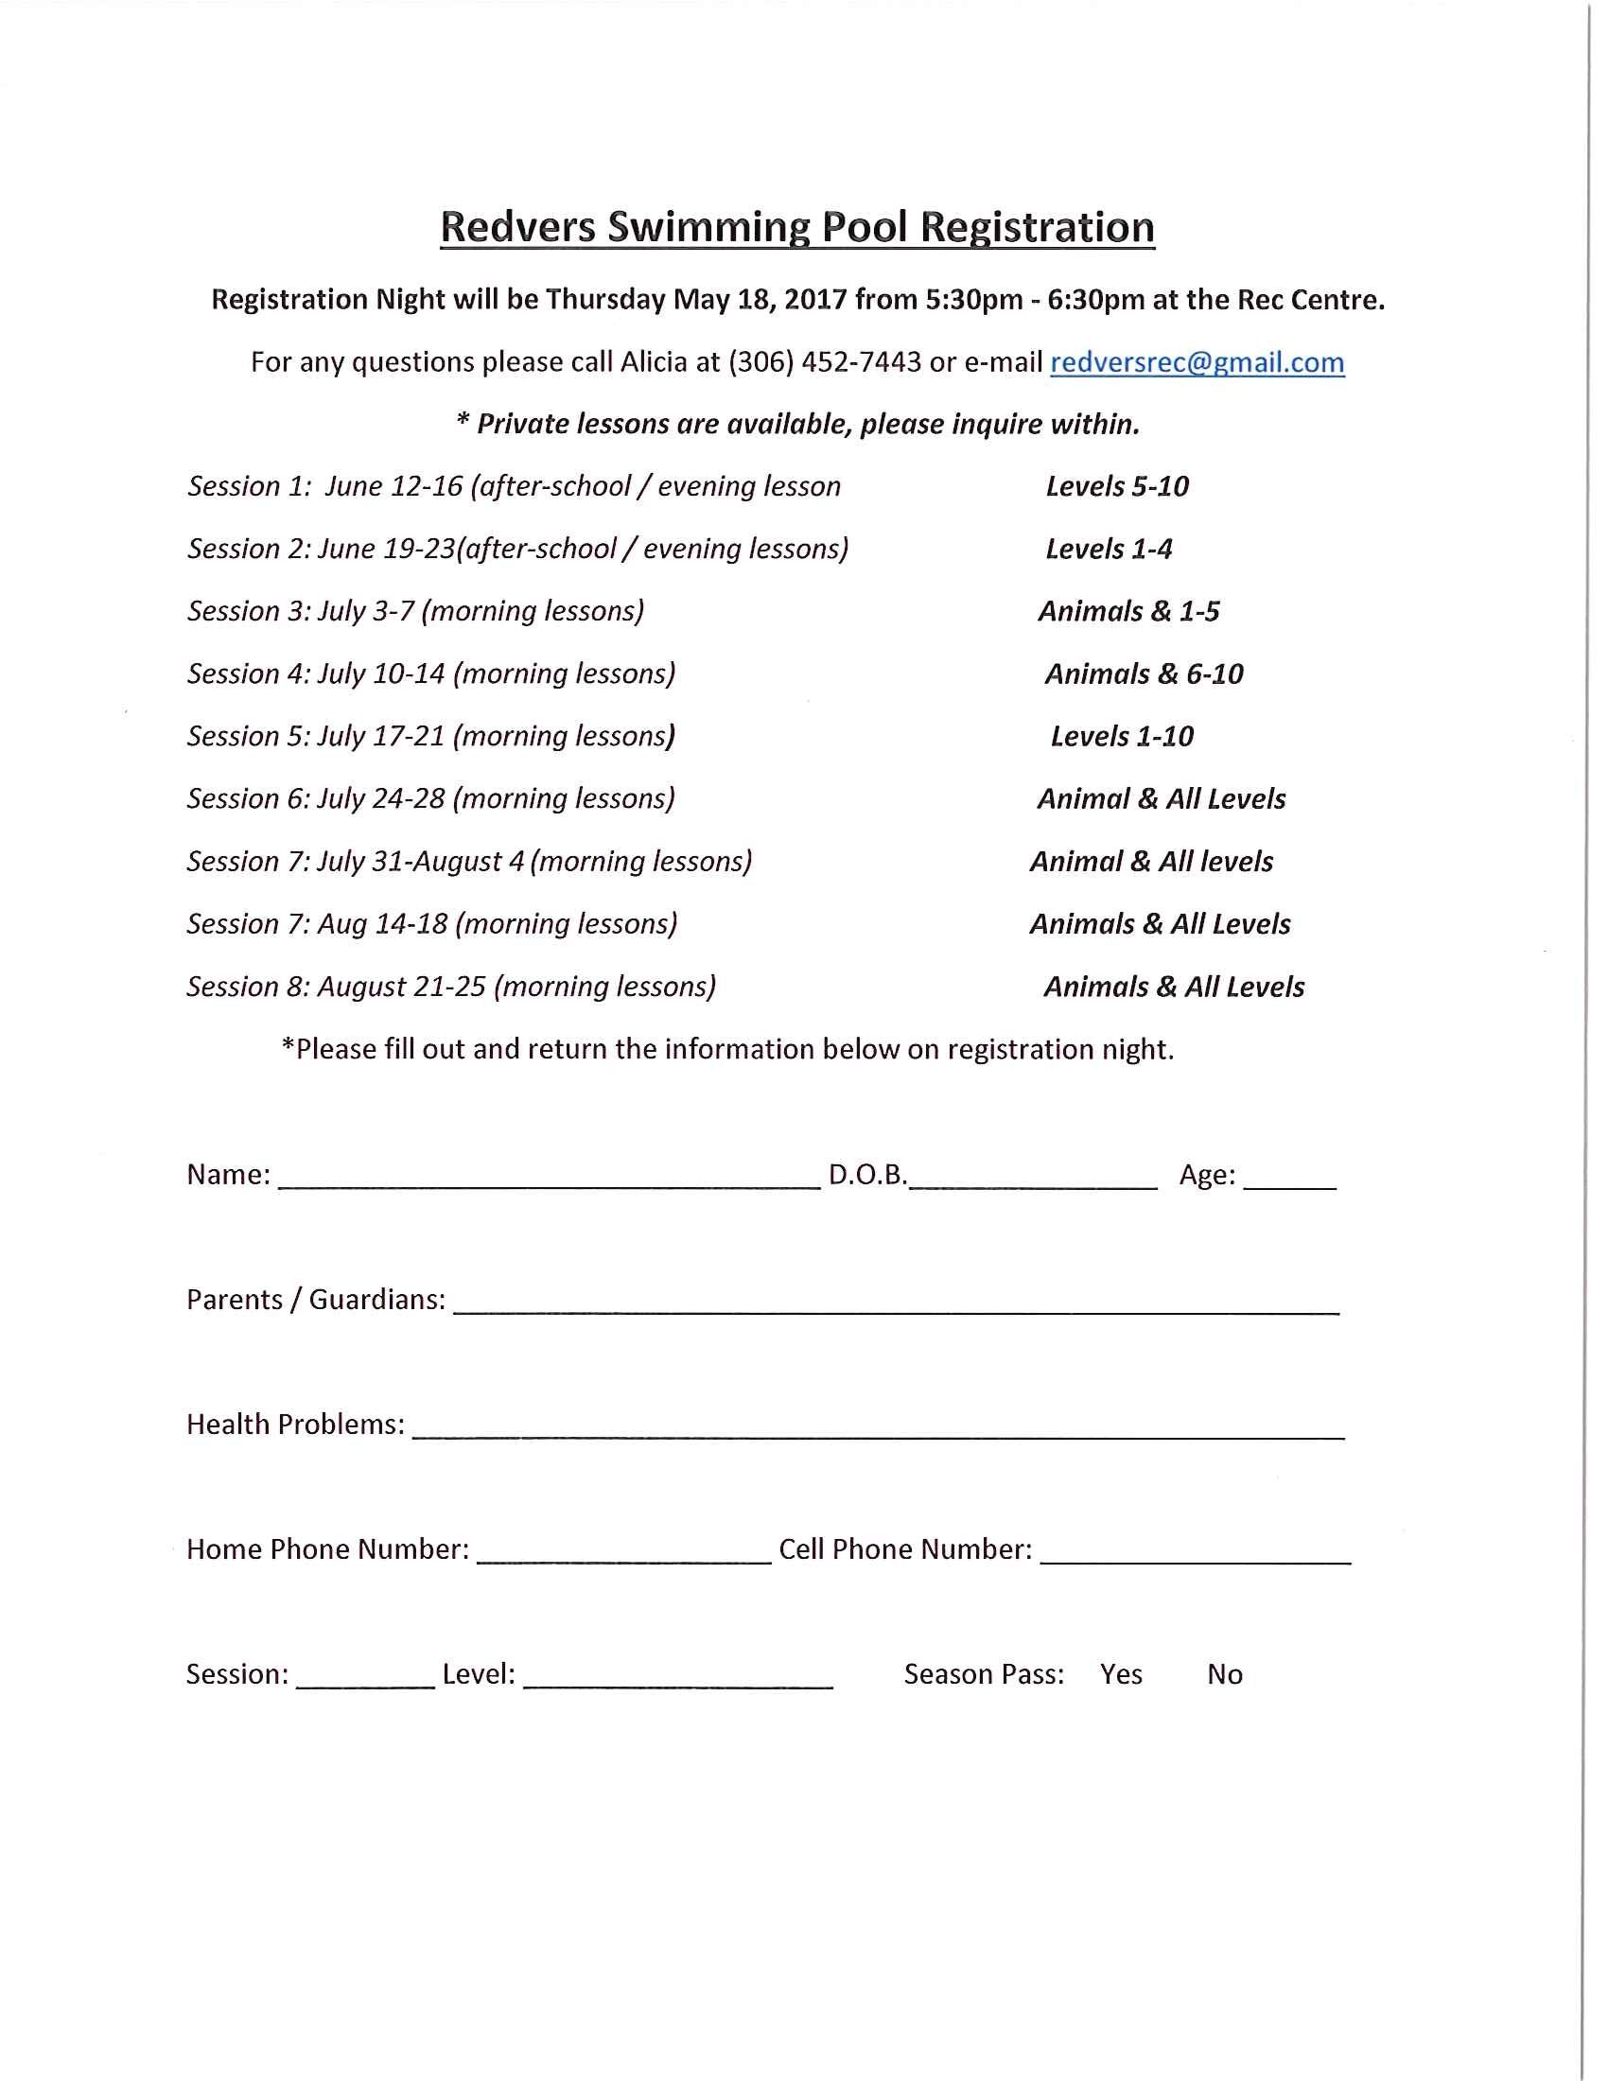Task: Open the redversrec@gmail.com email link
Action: point(1197,362)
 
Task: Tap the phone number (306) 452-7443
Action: point(825,362)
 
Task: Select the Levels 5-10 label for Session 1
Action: point(1116,487)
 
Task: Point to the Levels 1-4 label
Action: point(1108,549)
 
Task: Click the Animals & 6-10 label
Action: point(1144,674)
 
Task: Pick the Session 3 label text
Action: point(248,611)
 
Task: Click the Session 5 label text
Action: point(248,737)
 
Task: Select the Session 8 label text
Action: point(248,988)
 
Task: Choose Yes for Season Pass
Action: point(1120,1674)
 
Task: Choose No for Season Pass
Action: point(1224,1674)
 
